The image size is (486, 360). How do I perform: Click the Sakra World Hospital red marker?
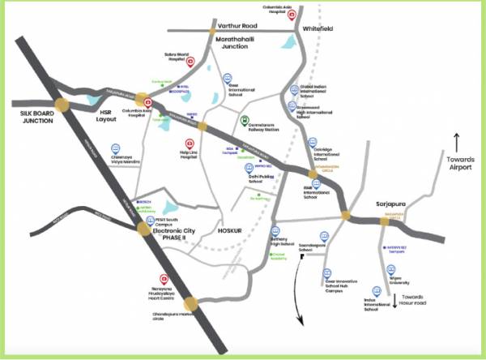(x=190, y=62)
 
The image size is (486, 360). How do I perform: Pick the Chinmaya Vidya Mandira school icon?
(x=114, y=150)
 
